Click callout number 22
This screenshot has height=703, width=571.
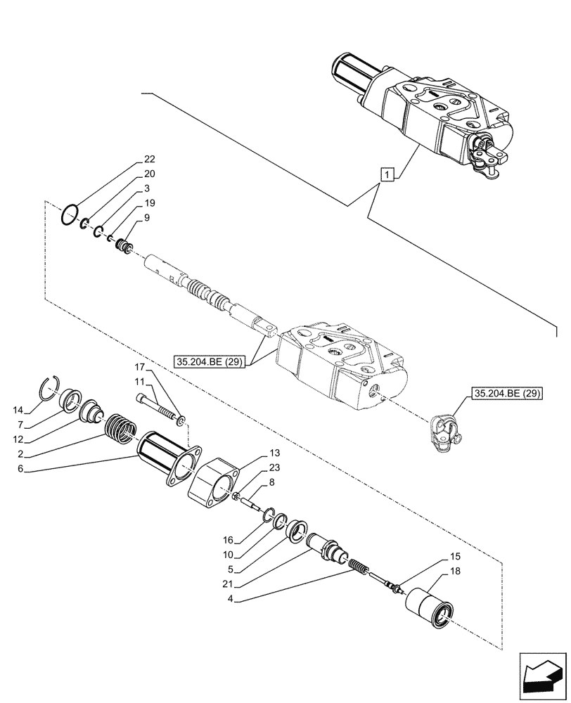pyautogui.click(x=149, y=159)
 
